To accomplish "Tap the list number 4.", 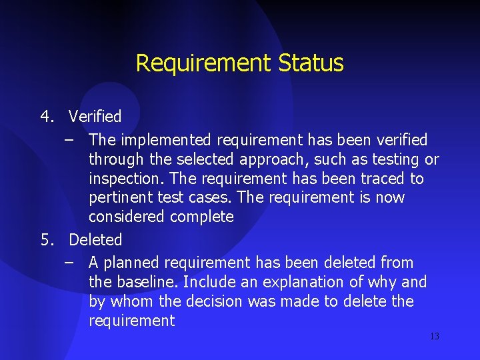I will pyautogui.click(x=46, y=117).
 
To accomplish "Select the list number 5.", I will pyautogui.click(x=46, y=239).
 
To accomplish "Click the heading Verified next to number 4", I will pyautogui.click(x=95, y=117).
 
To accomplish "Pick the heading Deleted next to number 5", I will pyautogui.click(x=95, y=239).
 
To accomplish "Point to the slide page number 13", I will pyautogui.click(x=435, y=336).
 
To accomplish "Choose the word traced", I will pyautogui.click(x=383, y=179).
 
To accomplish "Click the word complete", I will pyautogui.click(x=202, y=217).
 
